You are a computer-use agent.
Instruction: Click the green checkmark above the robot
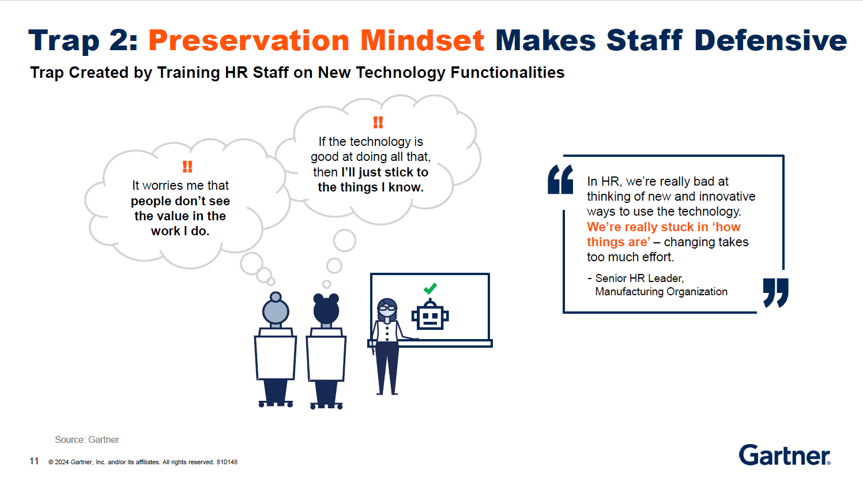click(x=430, y=288)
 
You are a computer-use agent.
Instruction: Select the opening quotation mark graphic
click(x=560, y=179)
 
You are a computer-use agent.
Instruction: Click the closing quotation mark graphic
click(x=775, y=292)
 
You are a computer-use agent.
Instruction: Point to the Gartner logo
click(x=785, y=456)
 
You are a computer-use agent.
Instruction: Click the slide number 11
click(x=34, y=461)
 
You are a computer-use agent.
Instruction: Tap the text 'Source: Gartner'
click(x=86, y=439)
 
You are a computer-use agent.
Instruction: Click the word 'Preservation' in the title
click(x=249, y=40)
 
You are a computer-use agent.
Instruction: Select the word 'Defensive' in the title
click(x=771, y=40)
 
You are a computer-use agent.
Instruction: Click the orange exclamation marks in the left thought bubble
click(x=187, y=167)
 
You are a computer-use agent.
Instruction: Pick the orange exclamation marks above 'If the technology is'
click(x=378, y=122)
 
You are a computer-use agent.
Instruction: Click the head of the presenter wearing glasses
click(x=387, y=309)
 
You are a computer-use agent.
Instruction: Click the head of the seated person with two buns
click(x=326, y=309)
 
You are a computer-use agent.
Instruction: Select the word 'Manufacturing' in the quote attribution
click(x=629, y=291)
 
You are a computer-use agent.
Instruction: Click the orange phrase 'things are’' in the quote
click(x=619, y=242)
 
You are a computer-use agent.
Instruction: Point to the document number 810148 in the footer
click(x=227, y=462)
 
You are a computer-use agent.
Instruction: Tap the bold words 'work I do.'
click(x=180, y=231)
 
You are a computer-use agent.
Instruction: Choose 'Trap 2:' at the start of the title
click(x=83, y=41)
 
